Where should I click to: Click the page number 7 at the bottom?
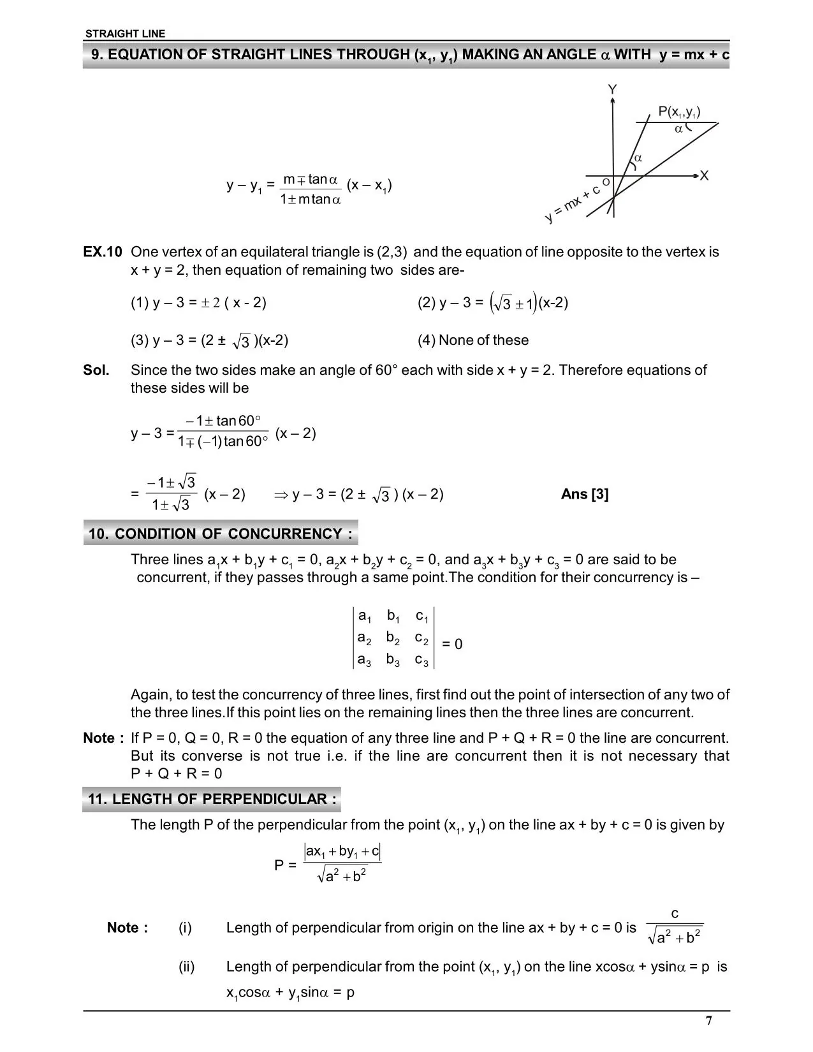pos(708,1021)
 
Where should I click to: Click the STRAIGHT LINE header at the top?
pos(125,34)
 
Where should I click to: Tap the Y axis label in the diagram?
pos(612,89)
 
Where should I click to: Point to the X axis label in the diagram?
pos(704,175)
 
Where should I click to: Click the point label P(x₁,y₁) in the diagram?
pos(679,112)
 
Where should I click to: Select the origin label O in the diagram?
pos(606,182)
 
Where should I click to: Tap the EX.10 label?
pos(102,252)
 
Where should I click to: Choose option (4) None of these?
pos(473,340)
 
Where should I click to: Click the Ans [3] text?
pos(585,494)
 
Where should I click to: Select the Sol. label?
pos(96,370)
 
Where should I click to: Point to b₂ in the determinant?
pos(393,638)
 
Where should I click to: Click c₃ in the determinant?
pos(422,661)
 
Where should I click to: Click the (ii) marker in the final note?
pos(186,967)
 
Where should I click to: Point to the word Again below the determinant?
pos(149,694)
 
